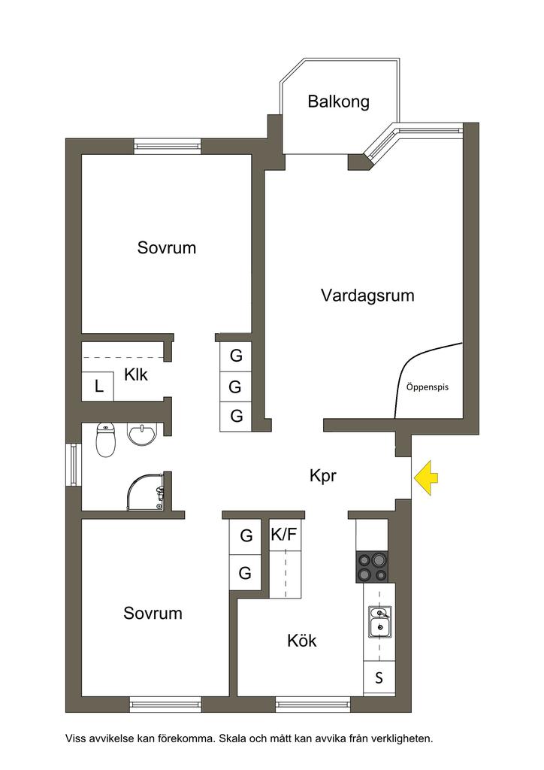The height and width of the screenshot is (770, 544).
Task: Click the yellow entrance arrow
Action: coord(426,477)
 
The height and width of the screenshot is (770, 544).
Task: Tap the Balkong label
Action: coord(338,102)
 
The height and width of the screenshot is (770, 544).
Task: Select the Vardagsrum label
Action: coord(367,295)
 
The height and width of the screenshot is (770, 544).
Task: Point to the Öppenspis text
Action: coord(428,387)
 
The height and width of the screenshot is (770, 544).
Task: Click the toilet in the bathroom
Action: coord(105,439)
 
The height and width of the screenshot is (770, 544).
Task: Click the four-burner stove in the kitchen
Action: coord(371,567)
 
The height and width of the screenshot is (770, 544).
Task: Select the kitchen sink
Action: coord(379,622)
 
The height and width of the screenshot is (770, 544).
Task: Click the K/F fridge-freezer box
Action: coord(285,535)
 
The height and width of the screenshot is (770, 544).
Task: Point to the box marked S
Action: coord(379,678)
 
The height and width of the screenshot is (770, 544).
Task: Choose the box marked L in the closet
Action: coord(98,387)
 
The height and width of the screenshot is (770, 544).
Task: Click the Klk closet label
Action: coord(136,374)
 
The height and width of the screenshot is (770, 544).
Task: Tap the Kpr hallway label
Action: coord(323,476)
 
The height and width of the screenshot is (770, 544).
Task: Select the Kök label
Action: coord(301,641)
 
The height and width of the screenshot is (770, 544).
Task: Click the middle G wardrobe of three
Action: coord(235,387)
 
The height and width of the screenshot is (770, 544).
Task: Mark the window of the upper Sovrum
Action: coord(168,146)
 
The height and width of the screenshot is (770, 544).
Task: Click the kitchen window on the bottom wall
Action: coord(313,704)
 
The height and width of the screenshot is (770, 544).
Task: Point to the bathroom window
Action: coord(74,465)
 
